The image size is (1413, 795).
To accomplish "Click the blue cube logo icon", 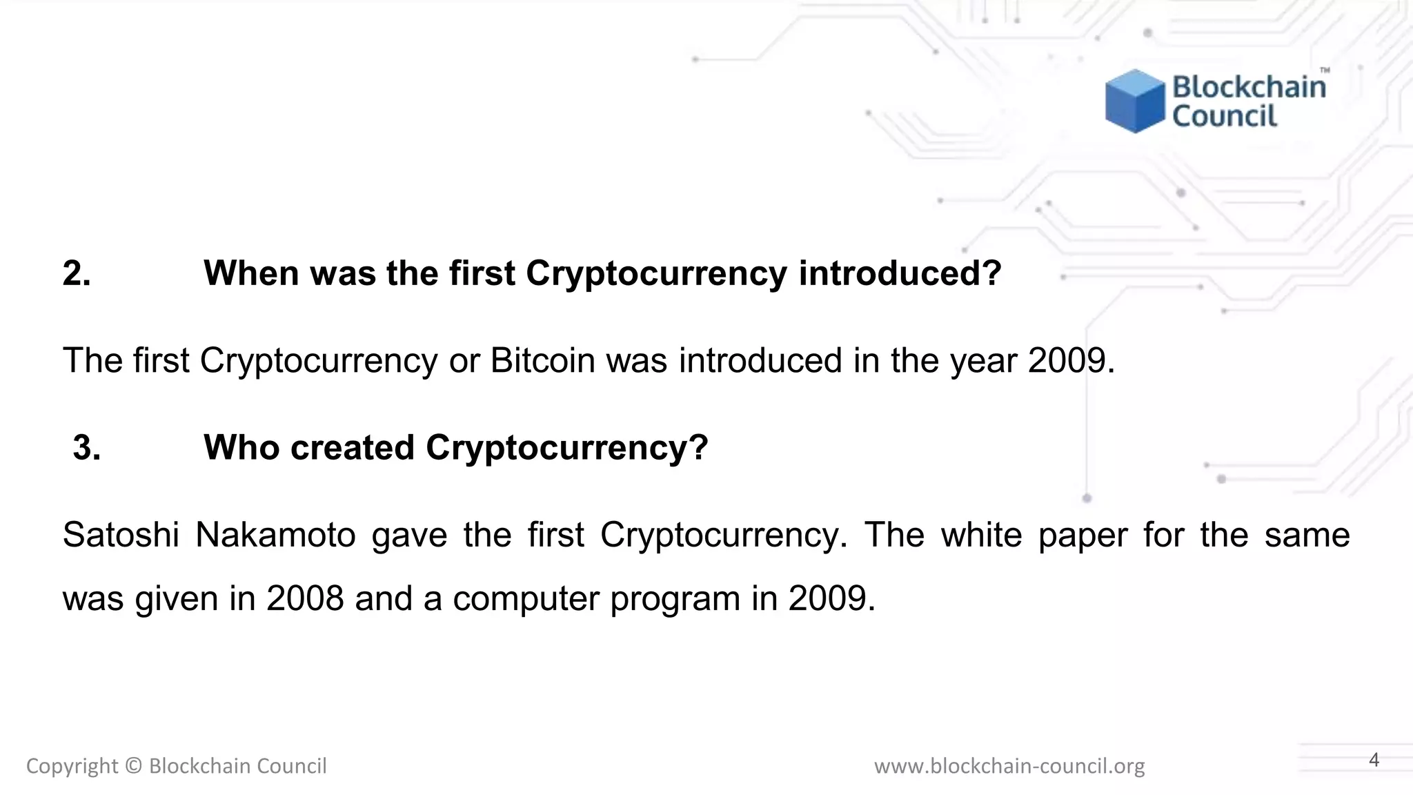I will pyautogui.click(x=1135, y=101).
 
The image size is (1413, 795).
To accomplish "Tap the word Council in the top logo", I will pyautogui.click(x=1225, y=116).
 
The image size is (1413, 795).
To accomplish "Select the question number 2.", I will pyautogui.click(x=76, y=273).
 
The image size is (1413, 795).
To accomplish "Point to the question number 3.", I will pyautogui.click(x=86, y=448).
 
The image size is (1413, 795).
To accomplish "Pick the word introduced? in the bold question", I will pyautogui.click(x=900, y=273).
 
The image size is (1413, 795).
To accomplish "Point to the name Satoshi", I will pyautogui.click(x=121, y=535).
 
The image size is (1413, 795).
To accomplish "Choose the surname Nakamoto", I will pyautogui.click(x=275, y=535).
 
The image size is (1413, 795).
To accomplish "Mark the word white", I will pyautogui.click(x=981, y=535).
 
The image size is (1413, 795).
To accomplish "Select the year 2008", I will pyautogui.click(x=305, y=598).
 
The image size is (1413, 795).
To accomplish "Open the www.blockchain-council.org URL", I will pyautogui.click(x=1009, y=766).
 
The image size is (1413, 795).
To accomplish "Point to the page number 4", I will pyautogui.click(x=1374, y=760).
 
